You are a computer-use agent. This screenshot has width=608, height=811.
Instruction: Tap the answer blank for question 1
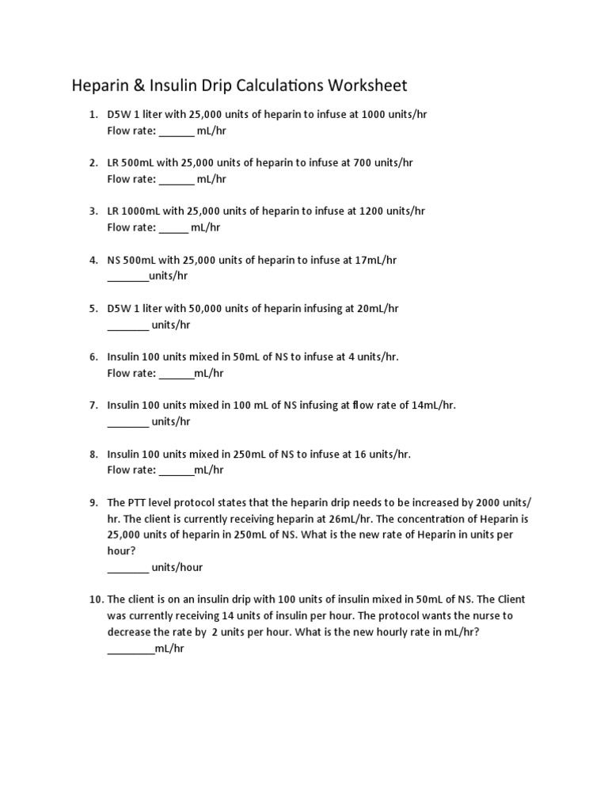click(x=177, y=131)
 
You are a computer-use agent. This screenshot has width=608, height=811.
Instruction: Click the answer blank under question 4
click(x=127, y=276)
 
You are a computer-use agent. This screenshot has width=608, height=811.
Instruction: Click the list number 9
click(x=93, y=503)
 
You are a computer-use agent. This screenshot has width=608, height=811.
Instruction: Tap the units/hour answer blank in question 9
click(x=127, y=567)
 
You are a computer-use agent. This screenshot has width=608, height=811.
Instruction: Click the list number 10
click(x=96, y=600)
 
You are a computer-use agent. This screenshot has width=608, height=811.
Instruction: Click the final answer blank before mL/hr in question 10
click(x=131, y=649)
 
